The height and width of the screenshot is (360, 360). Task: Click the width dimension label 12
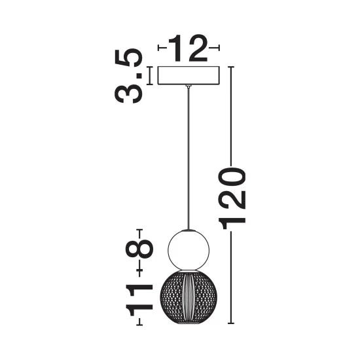[x=188, y=48]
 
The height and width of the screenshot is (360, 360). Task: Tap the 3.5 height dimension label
[x=128, y=76]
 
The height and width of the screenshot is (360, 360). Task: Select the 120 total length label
[x=232, y=198]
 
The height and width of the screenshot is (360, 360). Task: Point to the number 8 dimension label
[x=139, y=249]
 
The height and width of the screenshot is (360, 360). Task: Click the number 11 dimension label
[x=139, y=300]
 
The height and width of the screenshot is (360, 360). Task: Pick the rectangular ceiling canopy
[x=189, y=76]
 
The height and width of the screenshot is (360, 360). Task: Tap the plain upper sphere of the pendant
[x=189, y=250]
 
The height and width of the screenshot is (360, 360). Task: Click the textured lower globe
[x=189, y=297]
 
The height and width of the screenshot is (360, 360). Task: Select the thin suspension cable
[x=189, y=158]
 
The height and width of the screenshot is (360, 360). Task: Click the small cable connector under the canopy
[x=189, y=86]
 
